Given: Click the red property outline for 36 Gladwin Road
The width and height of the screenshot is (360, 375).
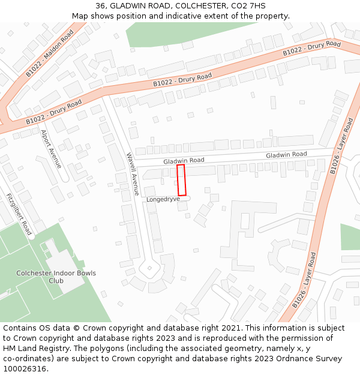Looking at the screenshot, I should [181, 179].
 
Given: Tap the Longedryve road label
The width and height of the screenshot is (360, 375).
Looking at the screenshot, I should [163, 199].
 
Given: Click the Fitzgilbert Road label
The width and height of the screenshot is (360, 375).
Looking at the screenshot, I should [19, 214].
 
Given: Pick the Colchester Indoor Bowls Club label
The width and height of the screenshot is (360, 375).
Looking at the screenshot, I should [56, 277].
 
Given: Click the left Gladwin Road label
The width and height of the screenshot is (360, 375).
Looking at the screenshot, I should [184, 161].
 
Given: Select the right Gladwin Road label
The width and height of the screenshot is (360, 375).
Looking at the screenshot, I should [286, 155].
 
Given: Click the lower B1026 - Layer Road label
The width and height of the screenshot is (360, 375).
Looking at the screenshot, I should [305, 280].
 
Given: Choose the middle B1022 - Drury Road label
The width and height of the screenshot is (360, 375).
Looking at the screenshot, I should [182, 80].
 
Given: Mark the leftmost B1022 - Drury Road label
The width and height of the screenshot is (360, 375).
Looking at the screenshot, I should [53, 113].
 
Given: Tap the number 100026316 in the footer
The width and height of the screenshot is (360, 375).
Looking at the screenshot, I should [24, 368].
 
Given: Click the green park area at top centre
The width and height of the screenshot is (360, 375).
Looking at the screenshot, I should [162, 32].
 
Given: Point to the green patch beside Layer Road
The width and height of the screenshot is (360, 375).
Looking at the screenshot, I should [350, 237].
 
